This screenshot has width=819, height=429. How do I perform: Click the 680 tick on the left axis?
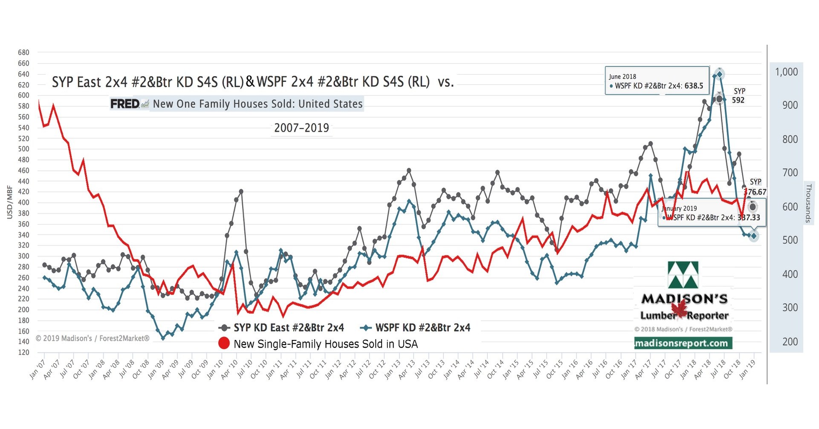tap(23, 52)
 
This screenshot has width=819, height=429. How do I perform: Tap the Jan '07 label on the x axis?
tap(38, 369)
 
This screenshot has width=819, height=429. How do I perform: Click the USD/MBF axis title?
tap(9, 202)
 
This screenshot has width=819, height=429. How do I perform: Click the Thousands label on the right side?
tap(807, 203)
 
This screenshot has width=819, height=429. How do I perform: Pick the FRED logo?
tap(125, 104)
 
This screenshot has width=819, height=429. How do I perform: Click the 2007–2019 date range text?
tap(301, 128)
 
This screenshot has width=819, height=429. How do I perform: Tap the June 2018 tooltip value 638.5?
tap(694, 86)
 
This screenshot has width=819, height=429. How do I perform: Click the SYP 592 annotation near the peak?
tap(738, 96)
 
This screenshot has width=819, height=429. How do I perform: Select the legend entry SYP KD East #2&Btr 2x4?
tap(288, 328)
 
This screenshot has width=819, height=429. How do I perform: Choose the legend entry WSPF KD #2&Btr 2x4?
tap(422, 328)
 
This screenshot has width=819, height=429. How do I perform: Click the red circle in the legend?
tap(224, 343)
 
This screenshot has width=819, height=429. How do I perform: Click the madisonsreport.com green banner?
tap(683, 343)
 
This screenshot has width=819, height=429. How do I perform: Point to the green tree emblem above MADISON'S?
tap(683, 275)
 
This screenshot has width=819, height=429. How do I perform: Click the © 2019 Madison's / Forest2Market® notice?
tap(93, 338)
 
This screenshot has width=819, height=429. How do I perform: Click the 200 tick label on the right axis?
tap(790, 342)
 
